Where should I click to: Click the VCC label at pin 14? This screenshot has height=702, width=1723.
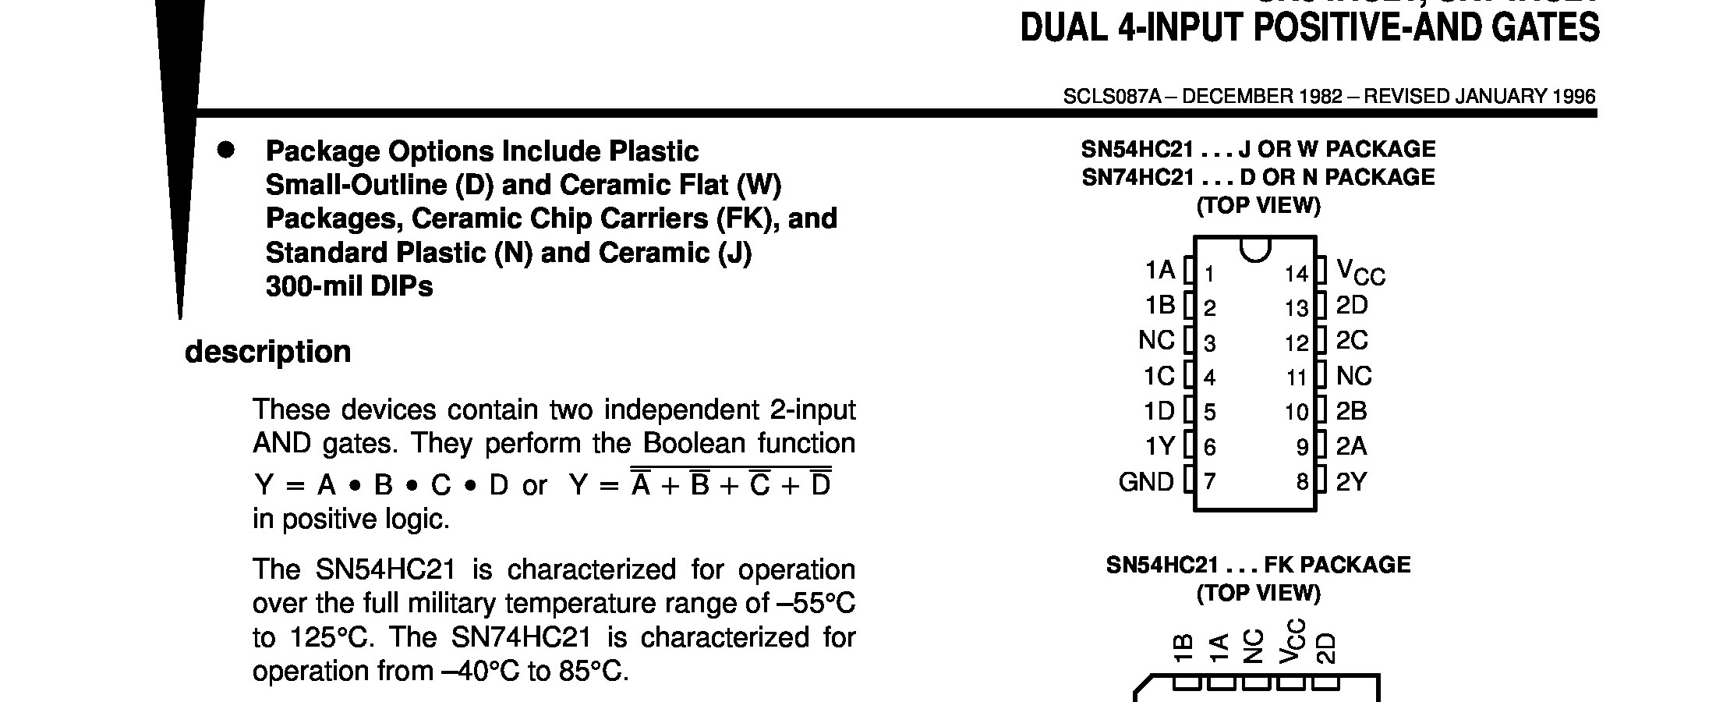tap(1360, 272)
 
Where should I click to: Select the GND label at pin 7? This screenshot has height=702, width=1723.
tap(1145, 482)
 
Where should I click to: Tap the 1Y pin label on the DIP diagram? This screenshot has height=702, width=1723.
tap(1159, 446)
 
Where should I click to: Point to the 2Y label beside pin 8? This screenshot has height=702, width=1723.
tap(1351, 482)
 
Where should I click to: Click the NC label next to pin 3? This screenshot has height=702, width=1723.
tap(1155, 341)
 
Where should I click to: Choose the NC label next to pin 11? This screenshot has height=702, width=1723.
tap(1353, 376)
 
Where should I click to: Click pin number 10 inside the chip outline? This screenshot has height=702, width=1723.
tap(1297, 412)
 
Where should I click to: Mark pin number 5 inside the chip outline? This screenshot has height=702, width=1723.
tap(1209, 412)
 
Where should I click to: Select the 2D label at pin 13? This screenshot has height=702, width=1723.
tap(1351, 305)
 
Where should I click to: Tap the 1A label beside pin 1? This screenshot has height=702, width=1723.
tap(1159, 270)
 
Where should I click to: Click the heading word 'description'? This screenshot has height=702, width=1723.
tap(267, 352)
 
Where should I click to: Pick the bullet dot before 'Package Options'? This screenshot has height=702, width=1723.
tap(225, 151)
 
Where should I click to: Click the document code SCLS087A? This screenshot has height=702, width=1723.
tap(1112, 97)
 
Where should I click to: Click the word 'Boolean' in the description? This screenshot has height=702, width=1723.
tap(694, 443)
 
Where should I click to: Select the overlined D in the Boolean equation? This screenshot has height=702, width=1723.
tap(820, 485)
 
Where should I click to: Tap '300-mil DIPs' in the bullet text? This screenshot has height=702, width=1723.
tap(348, 286)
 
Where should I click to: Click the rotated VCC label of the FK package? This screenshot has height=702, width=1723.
tap(1290, 641)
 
